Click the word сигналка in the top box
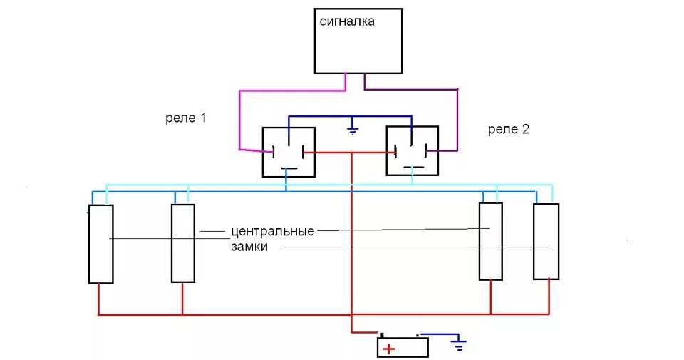347,22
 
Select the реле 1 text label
185,118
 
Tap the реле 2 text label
508,129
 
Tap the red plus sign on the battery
388,349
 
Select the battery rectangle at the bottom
403,347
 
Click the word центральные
272,232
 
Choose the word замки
249,247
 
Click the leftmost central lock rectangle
100,244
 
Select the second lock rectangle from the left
183,243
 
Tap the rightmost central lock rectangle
546,241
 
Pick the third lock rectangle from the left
490,241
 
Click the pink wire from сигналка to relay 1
239,118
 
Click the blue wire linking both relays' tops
349,116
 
